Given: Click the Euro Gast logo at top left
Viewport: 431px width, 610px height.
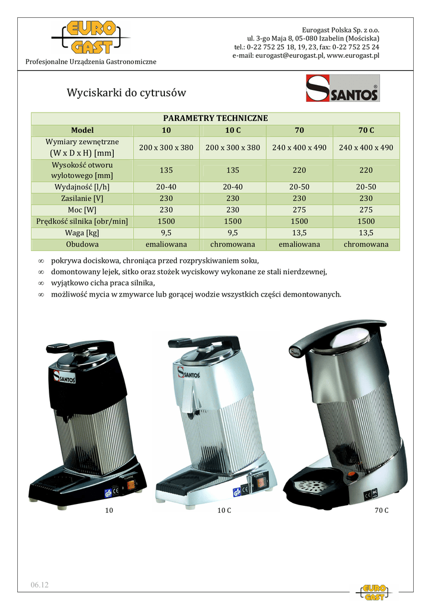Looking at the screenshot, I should pyautogui.click(x=90, y=38).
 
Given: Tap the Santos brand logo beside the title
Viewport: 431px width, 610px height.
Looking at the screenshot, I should pyautogui.click(x=342, y=88).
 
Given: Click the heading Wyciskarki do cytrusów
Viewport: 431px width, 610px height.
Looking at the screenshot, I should pyautogui.click(x=126, y=93).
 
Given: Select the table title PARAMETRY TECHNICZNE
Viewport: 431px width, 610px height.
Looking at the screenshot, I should pyautogui.click(x=215, y=118).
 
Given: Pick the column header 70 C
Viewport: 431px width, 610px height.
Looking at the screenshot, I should pyautogui.click(x=366, y=130).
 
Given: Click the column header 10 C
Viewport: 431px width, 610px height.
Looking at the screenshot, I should pyautogui.click(x=233, y=130).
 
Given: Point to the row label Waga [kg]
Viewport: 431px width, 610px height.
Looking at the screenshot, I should pyautogui.click(x=83, y=233).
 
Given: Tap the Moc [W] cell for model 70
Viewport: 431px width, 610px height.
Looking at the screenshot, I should pyautogui.click(x=299, y=210).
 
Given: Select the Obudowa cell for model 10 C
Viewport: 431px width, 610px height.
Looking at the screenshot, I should pyautogui.click(x=233, y=244).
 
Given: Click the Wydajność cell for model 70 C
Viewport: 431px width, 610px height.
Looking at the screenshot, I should pyautogui.click(x=366, y=187).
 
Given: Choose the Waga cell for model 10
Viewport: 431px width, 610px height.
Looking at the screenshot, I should pyautogui.click(x=166, y=233).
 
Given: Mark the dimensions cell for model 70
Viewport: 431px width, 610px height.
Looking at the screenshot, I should pyautogui.click(x=299, y=147).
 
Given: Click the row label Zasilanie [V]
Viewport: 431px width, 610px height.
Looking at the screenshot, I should pyautogui.click(x=83, y=198).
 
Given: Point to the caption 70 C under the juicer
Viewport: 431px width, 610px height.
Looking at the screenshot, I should pyautogui.click(x=382, y=511).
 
